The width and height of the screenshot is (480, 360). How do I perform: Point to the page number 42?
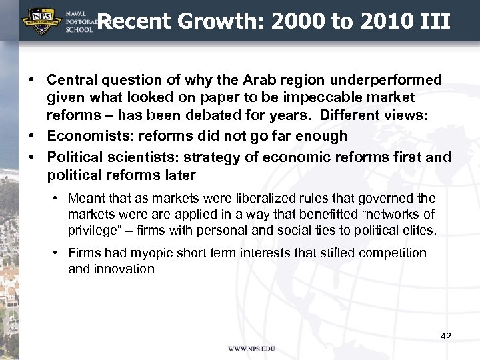(446, 336)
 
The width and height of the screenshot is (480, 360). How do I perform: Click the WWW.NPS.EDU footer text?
(251, 349)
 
